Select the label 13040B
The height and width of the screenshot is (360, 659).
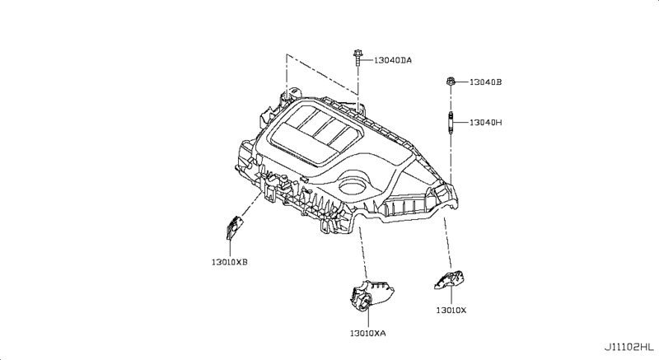click(486, 82)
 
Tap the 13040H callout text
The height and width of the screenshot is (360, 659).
click(486, 123)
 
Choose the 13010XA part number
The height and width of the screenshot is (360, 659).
click(367, 333)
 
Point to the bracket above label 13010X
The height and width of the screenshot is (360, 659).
click(449, 280)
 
